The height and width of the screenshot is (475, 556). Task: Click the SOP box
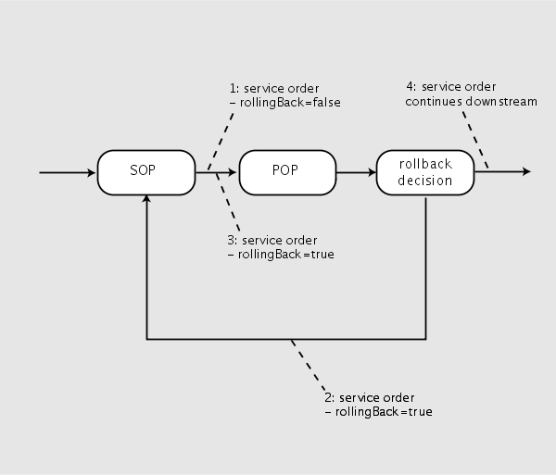146,171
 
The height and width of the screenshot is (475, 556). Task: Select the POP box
286,171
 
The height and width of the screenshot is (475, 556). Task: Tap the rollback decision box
425,171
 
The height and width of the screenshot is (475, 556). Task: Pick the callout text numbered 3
280,245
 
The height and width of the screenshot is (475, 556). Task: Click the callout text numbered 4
471,94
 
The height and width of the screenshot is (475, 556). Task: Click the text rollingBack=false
288,102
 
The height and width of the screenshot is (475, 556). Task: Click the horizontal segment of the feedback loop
278,338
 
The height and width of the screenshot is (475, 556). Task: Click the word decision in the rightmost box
425,181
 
